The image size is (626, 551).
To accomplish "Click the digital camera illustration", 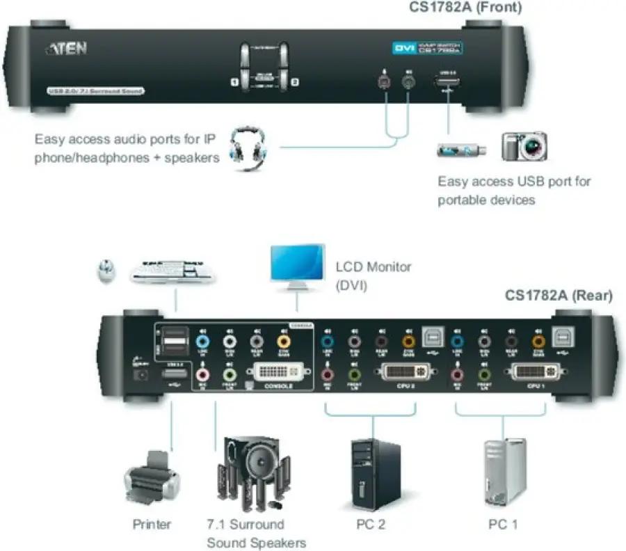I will click(524, 147).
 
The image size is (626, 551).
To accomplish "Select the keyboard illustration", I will click(172, 271).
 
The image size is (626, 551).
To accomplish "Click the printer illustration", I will click(152, 478).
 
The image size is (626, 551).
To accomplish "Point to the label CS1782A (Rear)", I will click(559, 296).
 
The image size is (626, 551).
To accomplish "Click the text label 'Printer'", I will click(152, 524).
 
